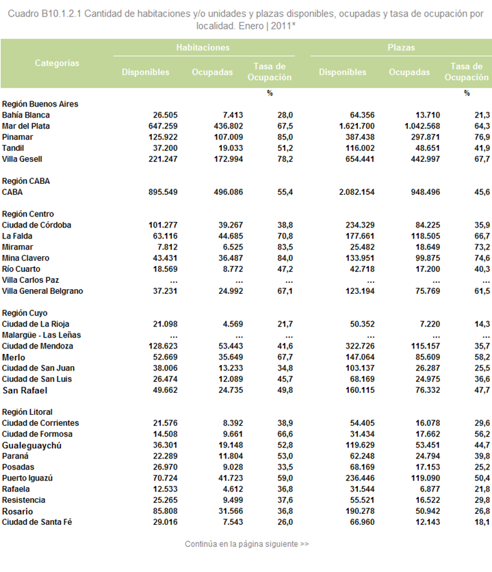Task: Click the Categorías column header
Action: [x=57, y=63]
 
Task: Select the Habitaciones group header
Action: [x=203, y=47]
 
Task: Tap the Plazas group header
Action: [x=401, y=47]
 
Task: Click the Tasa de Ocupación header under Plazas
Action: [x=467, y=72]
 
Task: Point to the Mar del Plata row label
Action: [x=26, y=126]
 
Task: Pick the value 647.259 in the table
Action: [x=163, y=126]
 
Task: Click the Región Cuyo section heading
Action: [x=25, y=313]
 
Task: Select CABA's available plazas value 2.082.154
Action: [x=357, y=192]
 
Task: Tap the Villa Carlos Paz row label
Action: [x=30, y=280]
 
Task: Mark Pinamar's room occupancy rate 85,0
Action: [x=285, y=137]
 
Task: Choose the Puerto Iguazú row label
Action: [x=27, y=478]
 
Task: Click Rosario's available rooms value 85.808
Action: [x=165, y=511]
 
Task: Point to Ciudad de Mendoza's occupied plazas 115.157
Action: [x=426, y=346]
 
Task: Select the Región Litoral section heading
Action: [x=27, y=412]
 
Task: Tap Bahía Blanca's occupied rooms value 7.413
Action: [x=233, y=115]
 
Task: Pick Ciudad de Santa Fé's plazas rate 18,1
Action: [x=482, y=522]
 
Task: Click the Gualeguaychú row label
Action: [x=31, y=446]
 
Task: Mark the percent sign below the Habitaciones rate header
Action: [x=270, y=94]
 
